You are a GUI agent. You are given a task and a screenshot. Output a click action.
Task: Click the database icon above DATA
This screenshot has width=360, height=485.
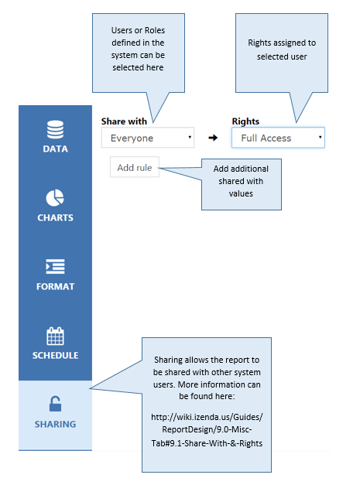(56, 129)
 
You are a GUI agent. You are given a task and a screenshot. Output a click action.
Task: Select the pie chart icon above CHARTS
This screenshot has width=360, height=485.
(55, 198)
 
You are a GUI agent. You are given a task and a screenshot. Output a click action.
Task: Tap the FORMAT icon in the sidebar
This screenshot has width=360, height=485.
(55, 267)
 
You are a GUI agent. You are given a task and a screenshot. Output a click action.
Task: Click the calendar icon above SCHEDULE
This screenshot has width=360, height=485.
(55, 336)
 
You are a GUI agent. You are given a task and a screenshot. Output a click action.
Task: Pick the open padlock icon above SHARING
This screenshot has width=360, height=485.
(55, 404)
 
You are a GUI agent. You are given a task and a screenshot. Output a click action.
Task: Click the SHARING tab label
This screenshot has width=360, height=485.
(55, 424)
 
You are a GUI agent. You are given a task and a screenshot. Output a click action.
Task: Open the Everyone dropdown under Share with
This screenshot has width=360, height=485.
(148, 138)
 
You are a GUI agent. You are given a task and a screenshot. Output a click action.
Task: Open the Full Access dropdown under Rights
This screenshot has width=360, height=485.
(278, 138)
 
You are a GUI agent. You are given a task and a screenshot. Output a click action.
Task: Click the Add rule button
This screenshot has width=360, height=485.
(135, 167)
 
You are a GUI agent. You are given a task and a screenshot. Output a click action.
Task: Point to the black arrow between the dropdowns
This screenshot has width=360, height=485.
(213, 138)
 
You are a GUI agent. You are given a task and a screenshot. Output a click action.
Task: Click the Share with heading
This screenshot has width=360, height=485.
(124, 121)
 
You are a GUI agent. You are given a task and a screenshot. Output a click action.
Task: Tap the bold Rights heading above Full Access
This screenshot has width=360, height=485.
(245, 121)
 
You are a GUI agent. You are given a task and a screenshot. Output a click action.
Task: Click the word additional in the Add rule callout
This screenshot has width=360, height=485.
(249, 169)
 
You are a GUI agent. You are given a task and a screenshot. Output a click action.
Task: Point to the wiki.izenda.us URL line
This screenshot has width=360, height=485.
(207, 417)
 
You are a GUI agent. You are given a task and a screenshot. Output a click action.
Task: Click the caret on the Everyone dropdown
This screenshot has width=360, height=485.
(190, 137)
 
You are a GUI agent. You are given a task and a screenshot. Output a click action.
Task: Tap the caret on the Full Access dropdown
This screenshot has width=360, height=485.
(320, 137)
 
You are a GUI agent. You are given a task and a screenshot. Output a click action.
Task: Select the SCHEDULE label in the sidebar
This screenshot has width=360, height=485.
(55, 355)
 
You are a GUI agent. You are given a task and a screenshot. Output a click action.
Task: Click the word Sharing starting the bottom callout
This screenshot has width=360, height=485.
(168, 360)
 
